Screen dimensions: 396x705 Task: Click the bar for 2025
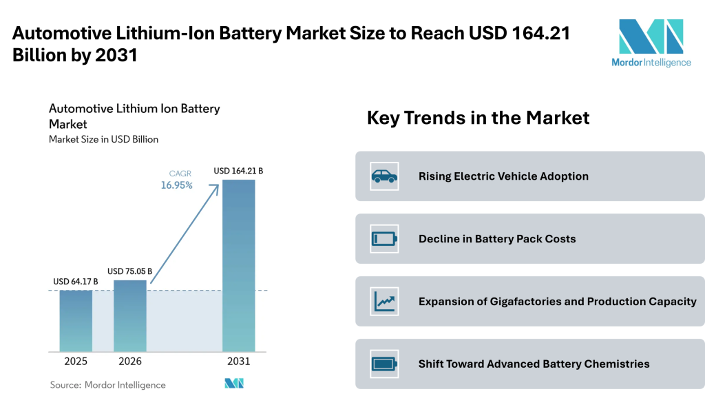(76, 320)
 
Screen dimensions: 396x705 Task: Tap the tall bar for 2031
(238, 265)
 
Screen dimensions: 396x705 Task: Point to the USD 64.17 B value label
(76, 282)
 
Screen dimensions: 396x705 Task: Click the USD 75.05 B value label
(130, 271)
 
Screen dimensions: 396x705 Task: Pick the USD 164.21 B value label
(238, 171)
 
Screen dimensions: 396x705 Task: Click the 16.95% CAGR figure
(177, 185)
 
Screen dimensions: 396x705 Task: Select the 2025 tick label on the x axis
(76, 362)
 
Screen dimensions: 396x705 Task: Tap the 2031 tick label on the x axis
(238, 362)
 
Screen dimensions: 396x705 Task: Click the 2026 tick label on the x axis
(130, 362)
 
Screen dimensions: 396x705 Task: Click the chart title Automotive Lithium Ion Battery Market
(134, 116)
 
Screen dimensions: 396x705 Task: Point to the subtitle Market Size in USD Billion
(103, 139)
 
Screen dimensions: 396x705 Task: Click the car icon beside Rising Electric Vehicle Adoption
(384, 176)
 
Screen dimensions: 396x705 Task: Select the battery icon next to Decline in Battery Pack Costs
(384, 239)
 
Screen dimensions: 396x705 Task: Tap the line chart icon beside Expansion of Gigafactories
(384, 302)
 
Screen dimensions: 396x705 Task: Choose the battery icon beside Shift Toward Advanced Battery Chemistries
(384, 364)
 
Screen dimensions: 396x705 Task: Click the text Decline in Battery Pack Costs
(497, 239)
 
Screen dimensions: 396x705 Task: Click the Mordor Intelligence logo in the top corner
(651, 43)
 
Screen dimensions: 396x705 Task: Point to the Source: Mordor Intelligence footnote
(108, 384)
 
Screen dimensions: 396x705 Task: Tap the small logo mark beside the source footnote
(234, 384)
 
